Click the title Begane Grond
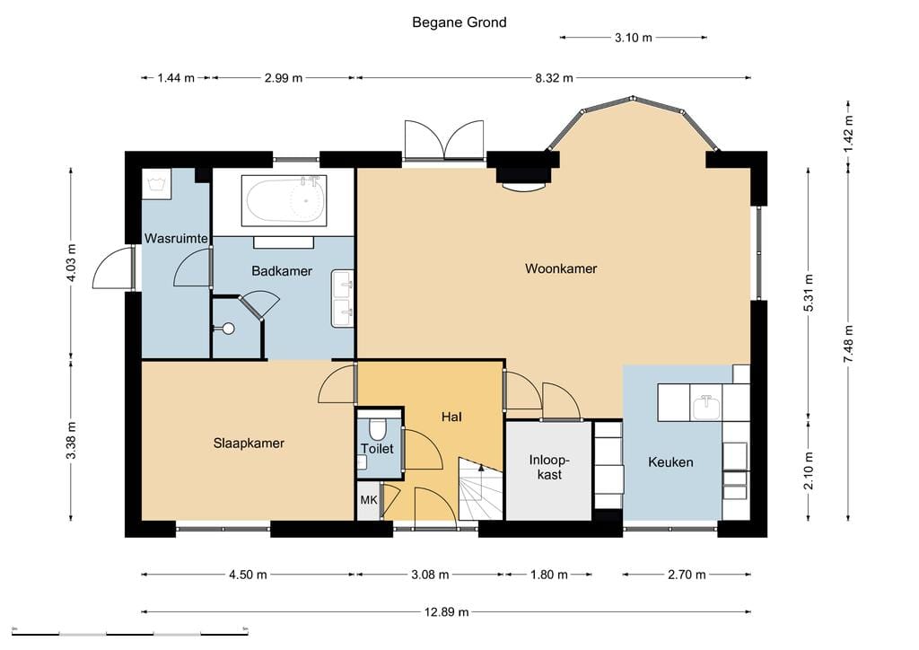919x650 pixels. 459,22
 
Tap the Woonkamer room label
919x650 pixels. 561,268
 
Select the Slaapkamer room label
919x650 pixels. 249,444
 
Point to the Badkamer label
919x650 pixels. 281,271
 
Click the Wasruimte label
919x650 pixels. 176,238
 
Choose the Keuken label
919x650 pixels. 670,461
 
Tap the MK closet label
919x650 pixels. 369,500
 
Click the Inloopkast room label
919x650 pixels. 549,467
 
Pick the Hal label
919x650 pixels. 451,417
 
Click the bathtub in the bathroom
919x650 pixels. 284,200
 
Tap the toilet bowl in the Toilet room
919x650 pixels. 378,429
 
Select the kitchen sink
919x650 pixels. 706,407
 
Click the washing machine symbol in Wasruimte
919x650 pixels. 156,184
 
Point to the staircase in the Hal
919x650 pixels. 481,488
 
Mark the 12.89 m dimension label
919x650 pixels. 447,612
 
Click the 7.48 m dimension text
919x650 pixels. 849,344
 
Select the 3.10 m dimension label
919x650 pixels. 633,38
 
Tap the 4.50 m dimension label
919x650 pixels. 248,575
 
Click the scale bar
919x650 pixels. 129,633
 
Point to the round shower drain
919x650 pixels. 228,329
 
